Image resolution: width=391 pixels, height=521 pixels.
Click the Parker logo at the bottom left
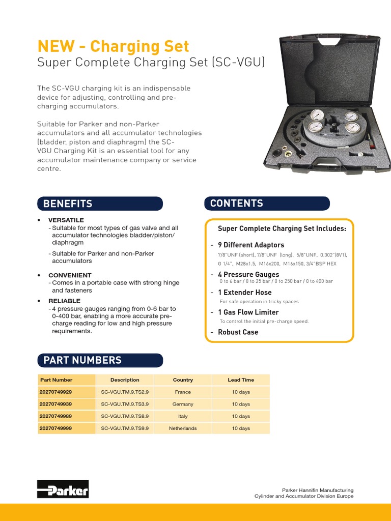point(63,489)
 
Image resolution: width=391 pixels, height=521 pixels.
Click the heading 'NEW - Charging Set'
point(113,46)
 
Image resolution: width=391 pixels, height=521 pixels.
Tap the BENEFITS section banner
point(100,204)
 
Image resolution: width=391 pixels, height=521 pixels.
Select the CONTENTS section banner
point(267,203)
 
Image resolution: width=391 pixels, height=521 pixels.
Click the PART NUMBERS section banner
point(100,360)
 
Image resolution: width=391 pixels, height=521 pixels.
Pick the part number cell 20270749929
point(56,392)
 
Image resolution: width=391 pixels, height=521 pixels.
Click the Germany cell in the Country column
point(183,404)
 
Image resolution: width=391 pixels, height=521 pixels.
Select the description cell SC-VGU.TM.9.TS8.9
point(125,416)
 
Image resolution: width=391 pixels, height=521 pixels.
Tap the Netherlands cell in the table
point(183,428)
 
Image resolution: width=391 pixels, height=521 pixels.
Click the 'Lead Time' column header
point(241,380)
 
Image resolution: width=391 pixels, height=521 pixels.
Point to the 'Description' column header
point(125,380)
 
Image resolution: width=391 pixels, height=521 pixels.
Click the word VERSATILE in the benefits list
point(66,220)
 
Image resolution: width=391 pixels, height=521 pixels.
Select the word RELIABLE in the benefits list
point(65,301)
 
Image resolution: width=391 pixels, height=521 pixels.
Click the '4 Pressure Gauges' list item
point(248,275)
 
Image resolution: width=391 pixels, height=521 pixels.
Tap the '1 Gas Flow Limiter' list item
point(248,312)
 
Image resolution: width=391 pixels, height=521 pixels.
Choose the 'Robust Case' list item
point(238,332)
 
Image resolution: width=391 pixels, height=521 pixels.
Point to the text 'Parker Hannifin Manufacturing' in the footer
point(318,490)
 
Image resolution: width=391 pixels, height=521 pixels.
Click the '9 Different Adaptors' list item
point(251,245)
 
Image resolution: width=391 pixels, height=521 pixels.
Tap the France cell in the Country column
point(183,392)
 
